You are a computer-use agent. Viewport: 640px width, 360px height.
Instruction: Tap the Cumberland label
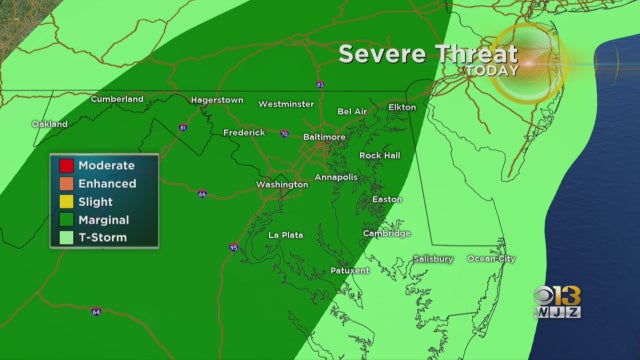[117, 99]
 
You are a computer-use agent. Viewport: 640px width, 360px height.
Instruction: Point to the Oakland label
[49, 124]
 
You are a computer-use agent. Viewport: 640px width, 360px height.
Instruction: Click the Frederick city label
[244, 132]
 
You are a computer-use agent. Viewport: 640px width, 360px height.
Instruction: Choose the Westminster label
[287, 103]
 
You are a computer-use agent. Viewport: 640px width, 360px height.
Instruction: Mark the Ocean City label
[492, 259]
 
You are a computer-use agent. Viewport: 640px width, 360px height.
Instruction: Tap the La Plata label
[286, 235]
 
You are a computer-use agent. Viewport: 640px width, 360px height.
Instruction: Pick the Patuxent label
[349, 270]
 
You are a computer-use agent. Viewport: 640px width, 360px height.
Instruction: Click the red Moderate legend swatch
[66, 165]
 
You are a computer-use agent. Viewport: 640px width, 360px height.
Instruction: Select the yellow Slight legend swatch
[66, 201]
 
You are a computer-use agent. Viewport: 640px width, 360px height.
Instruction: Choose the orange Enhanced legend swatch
[66, 183]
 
